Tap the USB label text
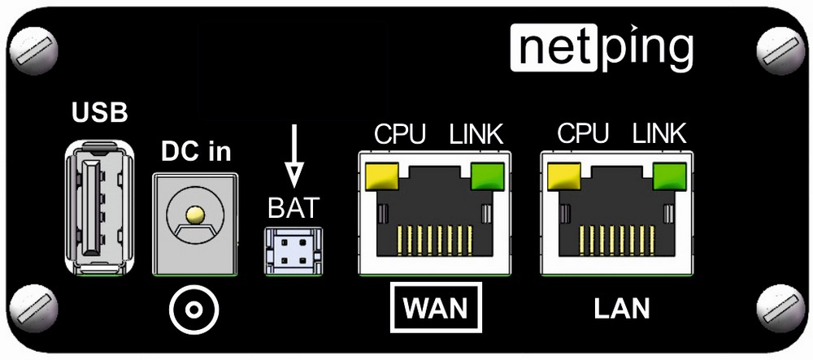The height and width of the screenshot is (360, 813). pos(100,113)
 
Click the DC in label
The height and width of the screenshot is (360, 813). pos(196,151)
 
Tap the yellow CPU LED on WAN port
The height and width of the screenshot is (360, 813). pos(383,174)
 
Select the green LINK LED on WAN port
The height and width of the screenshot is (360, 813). pos(487,174)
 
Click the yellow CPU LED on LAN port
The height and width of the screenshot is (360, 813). pos(565,174)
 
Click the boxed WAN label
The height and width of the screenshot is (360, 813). pos(436,308)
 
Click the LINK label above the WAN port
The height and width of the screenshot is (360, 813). pos(476,134)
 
